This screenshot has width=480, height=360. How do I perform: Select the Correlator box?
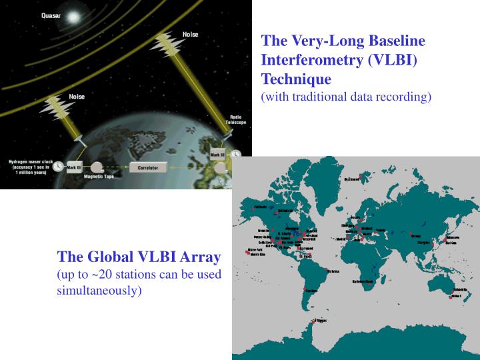tap(147, 168)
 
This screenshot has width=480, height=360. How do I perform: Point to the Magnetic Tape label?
tap(99, 177)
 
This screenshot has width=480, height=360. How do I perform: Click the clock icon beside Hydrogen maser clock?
tap(58, 166)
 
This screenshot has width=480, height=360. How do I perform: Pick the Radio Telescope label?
tap(238, 120)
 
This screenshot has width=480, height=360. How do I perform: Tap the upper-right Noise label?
tap(190, 34)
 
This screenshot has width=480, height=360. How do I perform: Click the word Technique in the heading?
tap(296, 79)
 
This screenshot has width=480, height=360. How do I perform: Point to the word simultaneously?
tap(99, 291)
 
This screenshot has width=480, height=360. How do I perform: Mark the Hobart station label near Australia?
tap(455, 296)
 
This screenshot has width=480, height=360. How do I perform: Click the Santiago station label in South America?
tap(311, 291)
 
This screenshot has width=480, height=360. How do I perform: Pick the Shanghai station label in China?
tap(424, 243)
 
